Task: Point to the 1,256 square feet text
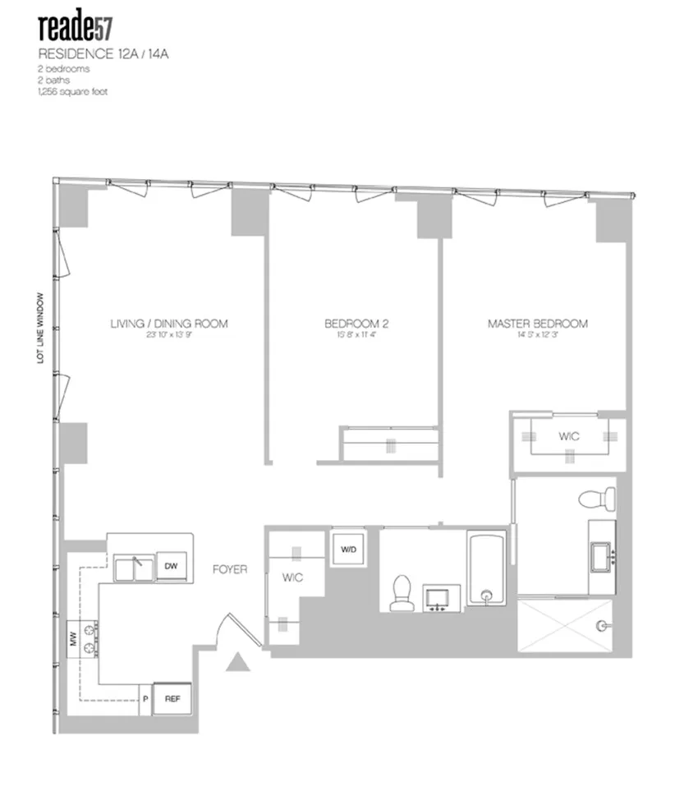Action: pos(72,91)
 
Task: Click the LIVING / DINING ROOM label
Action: pos(168,324)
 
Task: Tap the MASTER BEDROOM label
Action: pos(537,324)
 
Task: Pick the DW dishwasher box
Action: pos(170,566)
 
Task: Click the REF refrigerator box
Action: pos(172,698)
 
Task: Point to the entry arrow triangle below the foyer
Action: pos(238,661)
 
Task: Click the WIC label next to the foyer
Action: pos(292,578)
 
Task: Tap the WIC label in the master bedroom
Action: pos(568,436)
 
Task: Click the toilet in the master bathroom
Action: pos(593,498)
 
